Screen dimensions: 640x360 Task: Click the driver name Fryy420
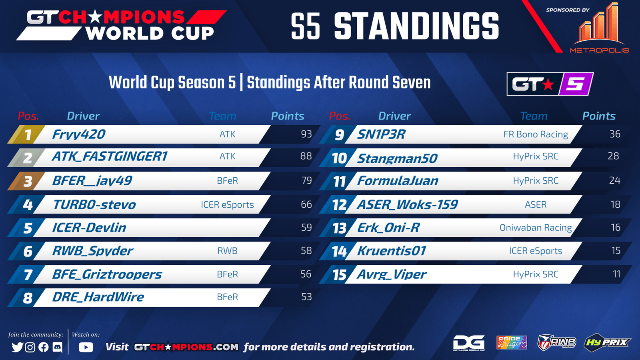pos(79,134)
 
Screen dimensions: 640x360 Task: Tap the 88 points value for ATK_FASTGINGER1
pos(306,156)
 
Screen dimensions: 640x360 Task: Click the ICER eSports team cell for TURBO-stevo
pos(227,204)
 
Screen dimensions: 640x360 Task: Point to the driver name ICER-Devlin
pos(89,228)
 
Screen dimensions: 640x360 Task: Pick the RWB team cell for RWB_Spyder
pos(227,250)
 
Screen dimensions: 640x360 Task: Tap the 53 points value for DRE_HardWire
pos(306,297)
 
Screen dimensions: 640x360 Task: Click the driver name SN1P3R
pos(381,134)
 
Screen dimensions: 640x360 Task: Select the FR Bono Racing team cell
pos(536,134)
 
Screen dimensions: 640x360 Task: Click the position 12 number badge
pos(339,204)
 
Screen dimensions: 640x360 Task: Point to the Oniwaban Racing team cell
pos(536,228)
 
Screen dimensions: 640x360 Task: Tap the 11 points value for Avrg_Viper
pos(616,274)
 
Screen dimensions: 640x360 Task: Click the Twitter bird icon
pos(18,347)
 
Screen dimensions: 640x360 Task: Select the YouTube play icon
pos(86,347)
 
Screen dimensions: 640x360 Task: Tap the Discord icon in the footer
pos(58,347)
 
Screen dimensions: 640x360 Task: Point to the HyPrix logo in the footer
pos(606,342)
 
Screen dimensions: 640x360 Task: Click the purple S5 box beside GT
pos(576,84)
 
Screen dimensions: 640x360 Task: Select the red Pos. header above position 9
pos(340,116)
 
